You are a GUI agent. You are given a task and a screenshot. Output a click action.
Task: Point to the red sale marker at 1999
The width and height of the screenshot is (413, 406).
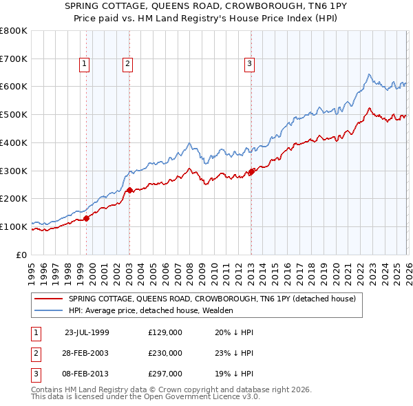[87, 218]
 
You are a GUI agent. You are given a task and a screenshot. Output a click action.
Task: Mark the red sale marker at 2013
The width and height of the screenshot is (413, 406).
[251, 171]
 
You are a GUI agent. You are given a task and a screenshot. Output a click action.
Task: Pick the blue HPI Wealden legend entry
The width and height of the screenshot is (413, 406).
[151, 311]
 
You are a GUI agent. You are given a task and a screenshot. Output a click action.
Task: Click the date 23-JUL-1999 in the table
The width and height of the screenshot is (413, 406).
[87, 332]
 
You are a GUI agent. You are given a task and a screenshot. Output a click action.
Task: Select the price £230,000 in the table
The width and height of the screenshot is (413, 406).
[165, 353]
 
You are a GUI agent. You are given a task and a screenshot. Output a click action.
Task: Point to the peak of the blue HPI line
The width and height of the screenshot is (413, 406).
[369, 74]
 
